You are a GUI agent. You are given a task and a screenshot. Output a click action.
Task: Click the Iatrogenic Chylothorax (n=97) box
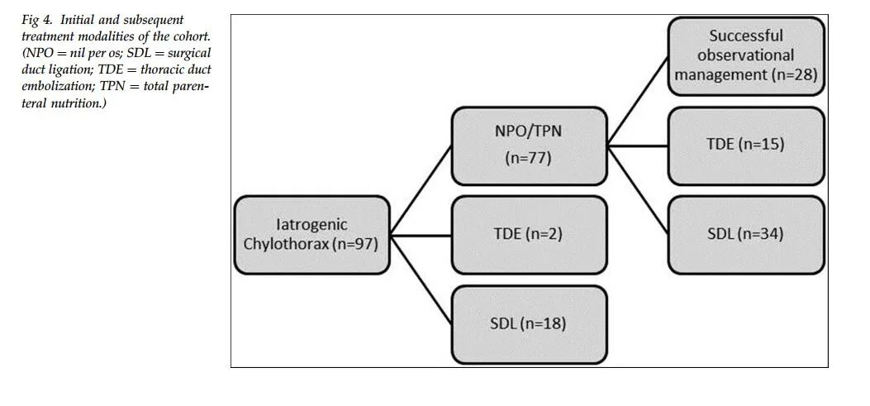311,235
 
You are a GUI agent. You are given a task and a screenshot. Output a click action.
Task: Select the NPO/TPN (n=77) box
530,146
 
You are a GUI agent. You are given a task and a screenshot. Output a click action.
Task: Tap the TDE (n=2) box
530,235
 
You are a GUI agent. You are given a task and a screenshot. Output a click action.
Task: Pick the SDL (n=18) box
530,324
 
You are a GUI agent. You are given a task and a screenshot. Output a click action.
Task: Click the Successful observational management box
746,56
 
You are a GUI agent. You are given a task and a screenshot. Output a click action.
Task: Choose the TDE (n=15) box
746,146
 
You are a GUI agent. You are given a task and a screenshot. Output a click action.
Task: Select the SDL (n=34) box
746,235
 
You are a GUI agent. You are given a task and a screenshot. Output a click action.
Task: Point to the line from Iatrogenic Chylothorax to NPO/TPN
421,190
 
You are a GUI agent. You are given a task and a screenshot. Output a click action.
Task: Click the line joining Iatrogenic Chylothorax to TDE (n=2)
421,236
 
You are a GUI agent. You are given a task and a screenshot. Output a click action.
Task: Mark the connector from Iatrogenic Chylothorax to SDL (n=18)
421,279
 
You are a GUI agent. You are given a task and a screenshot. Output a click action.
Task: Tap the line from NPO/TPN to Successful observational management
638,101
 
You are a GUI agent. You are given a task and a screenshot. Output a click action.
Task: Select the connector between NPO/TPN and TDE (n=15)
638,146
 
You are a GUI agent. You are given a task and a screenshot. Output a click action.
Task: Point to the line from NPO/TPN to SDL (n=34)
638,190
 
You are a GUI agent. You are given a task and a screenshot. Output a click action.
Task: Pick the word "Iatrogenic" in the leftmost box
311,225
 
